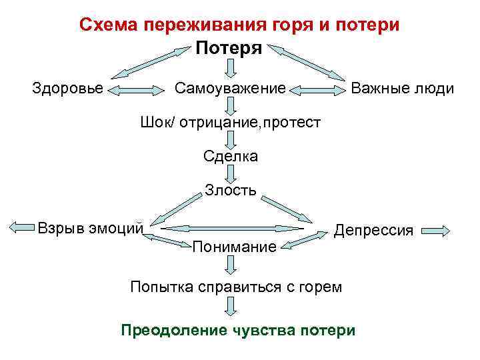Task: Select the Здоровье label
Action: pyautogui.click(x=68, y=89)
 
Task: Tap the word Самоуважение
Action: pyautogui.click(x=230, y=89)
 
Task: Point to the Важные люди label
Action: pyautogui.click(x=402, y=89)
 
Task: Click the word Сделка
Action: pyautogui.click(x=231, y=157)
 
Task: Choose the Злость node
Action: pyautogui.click(x=231, y=191)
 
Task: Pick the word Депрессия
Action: pyautogui.click(x=373, y=231)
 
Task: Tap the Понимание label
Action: pyautogui.click(x=234, y=248)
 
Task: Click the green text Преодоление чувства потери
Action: pyautogui.click(x=238, y=330)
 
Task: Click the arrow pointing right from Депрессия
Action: pyautogui.click(x=437, y=231)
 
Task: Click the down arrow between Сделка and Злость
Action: pyautogui.click(x=231, y=174)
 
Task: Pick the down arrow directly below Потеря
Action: pyautogui.click(x=231, y=68)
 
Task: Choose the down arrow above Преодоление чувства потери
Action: pyautogui.click(x=231, y=307)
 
